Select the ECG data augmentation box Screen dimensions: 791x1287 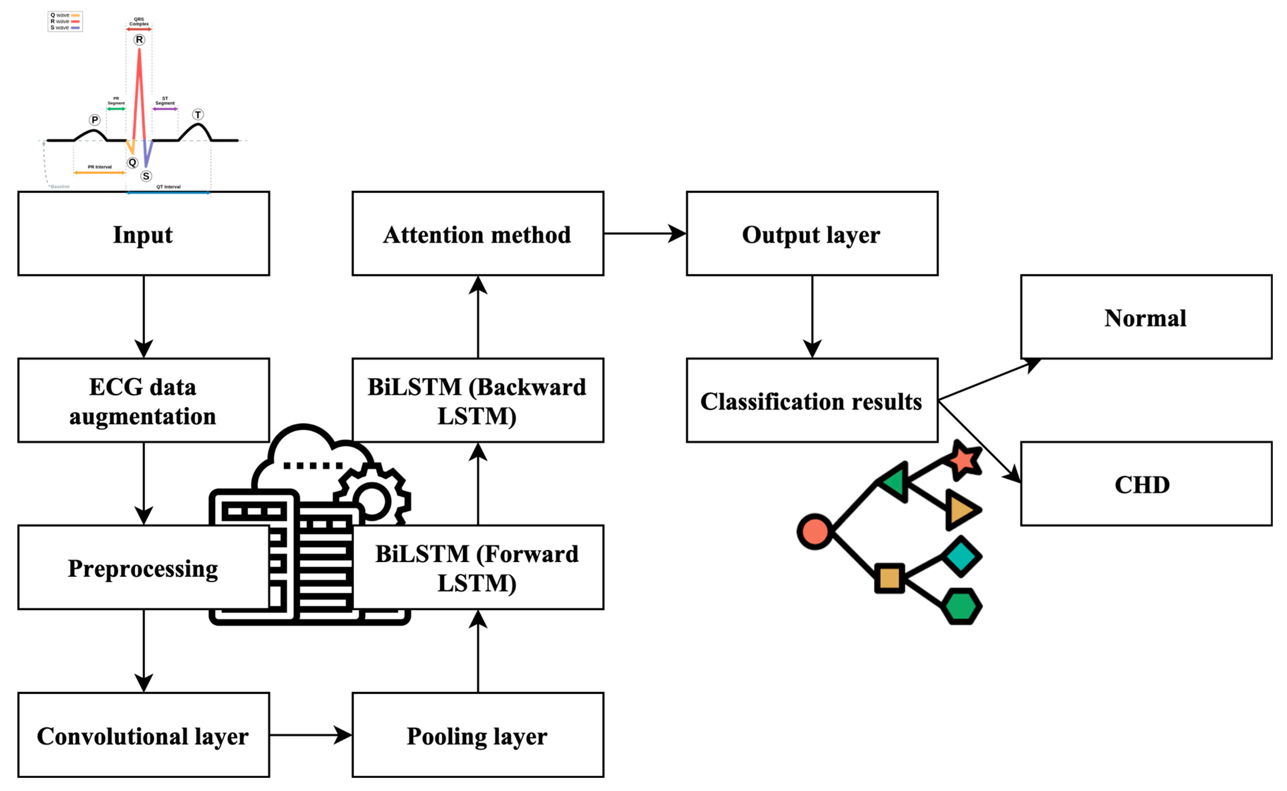coord(144,400)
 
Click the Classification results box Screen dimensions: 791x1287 coord(812,400)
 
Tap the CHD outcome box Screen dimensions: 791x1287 coord(1146,484)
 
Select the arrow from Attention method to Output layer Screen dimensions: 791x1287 coord(644,233)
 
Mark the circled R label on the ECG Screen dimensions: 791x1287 coord(139,40)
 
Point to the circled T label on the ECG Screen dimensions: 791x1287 coord(198,114)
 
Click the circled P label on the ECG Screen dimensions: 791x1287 coord(95,120)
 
